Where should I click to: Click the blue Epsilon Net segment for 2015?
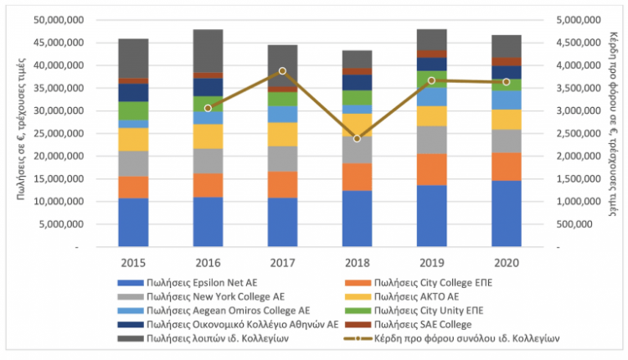coord(132,223)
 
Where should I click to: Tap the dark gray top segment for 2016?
coord(207,50)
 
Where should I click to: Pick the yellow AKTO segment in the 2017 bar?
coord(282,134)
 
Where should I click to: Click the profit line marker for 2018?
coord(357,138)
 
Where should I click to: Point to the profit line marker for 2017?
coord(282,71)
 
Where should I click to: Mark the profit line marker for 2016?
coord(208,108)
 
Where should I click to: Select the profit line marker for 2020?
coord(506,82)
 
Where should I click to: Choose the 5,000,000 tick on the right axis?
coord(579,19)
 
